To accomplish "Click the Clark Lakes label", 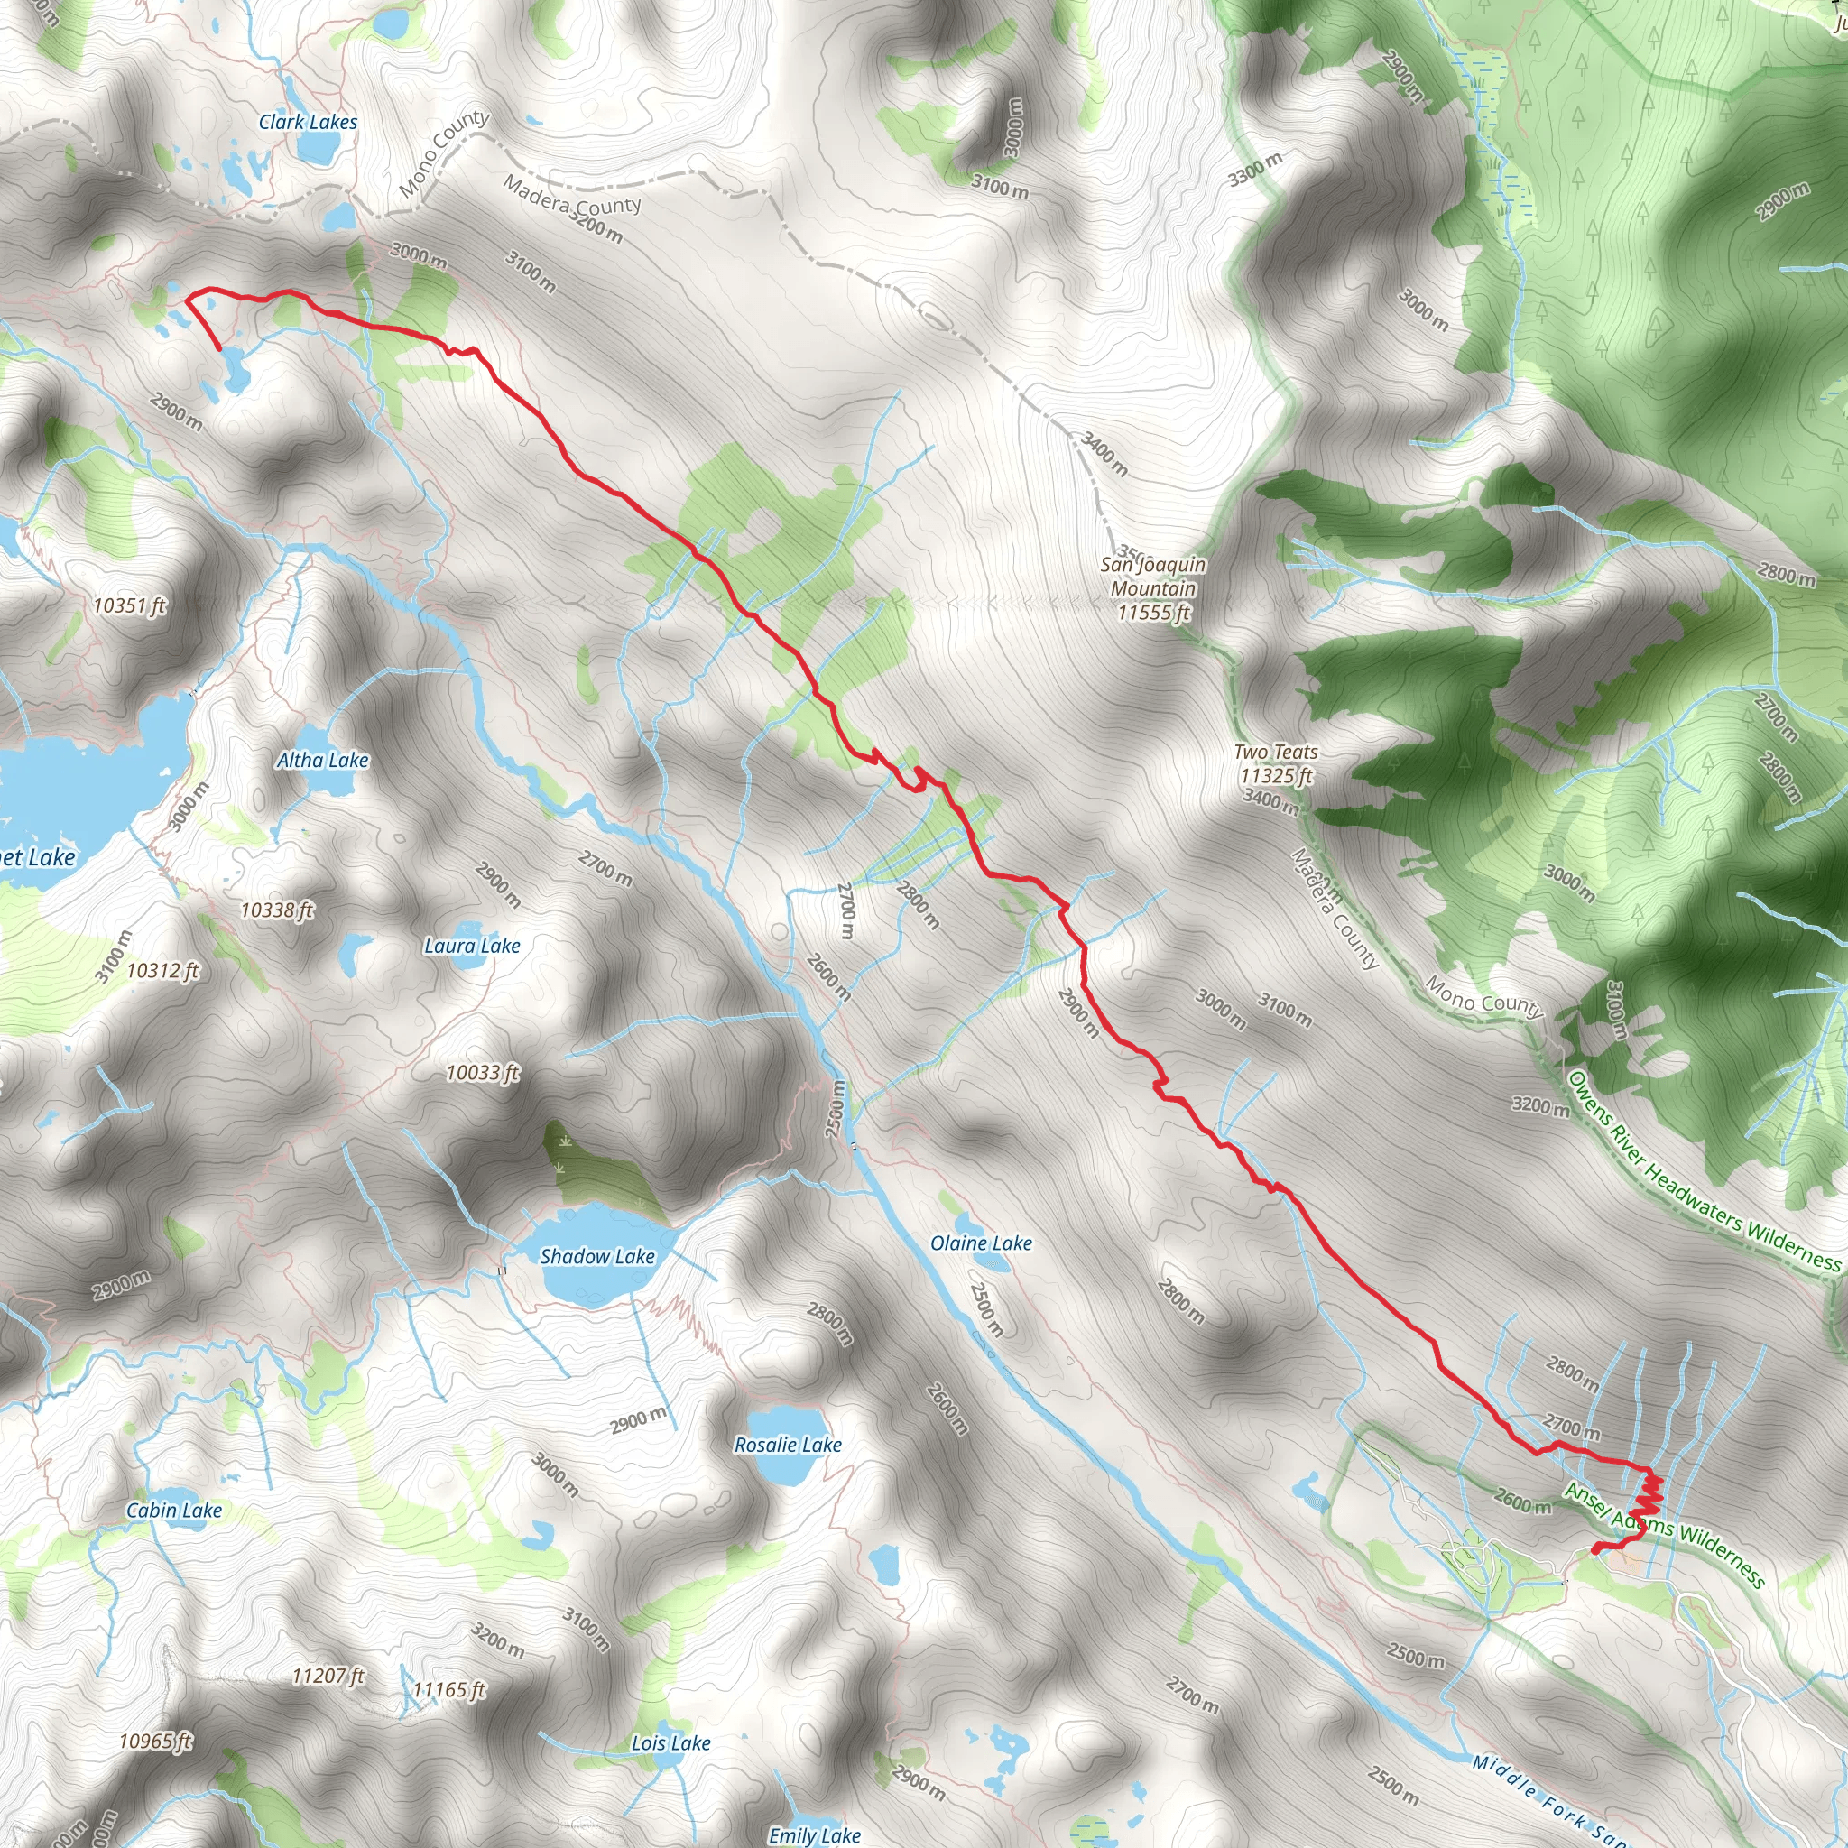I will (x=308, y=122).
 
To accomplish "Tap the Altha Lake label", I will (x=322, y=760).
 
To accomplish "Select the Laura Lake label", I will (x=472, y=946).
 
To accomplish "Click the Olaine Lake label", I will (x=981, y=1243).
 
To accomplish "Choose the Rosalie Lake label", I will (x=787, y=1445).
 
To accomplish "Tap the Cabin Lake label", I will (x=174, y=1510).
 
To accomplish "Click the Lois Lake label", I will (x=670, y=1742).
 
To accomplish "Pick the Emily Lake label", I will (x=814, y=1834).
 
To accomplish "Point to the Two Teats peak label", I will (x=1276, y=763).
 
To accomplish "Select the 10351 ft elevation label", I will (x=129, y=605).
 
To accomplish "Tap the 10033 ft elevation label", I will (x=483, y=1072).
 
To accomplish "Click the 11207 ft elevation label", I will (x=328, y=1676).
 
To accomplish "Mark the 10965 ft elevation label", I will (x=156, y=1741).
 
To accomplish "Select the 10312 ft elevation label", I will (x=162, y=970).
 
